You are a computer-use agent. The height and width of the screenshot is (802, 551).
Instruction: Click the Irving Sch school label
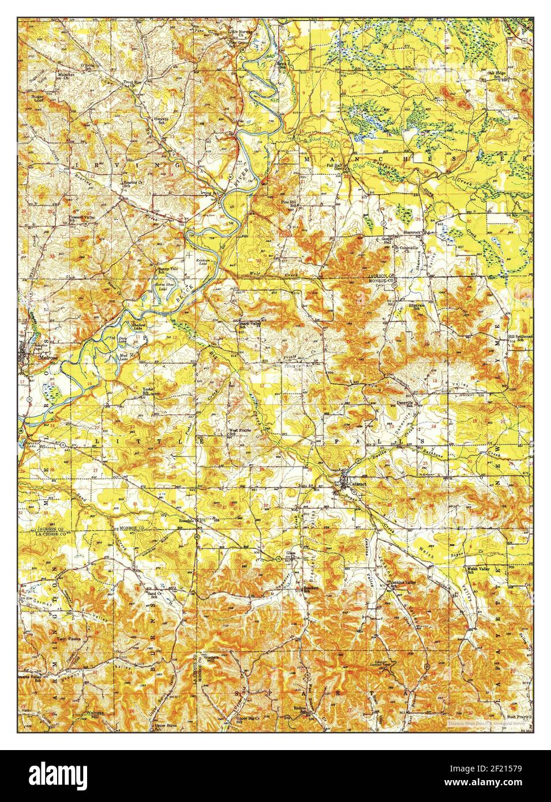coord(213,193)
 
